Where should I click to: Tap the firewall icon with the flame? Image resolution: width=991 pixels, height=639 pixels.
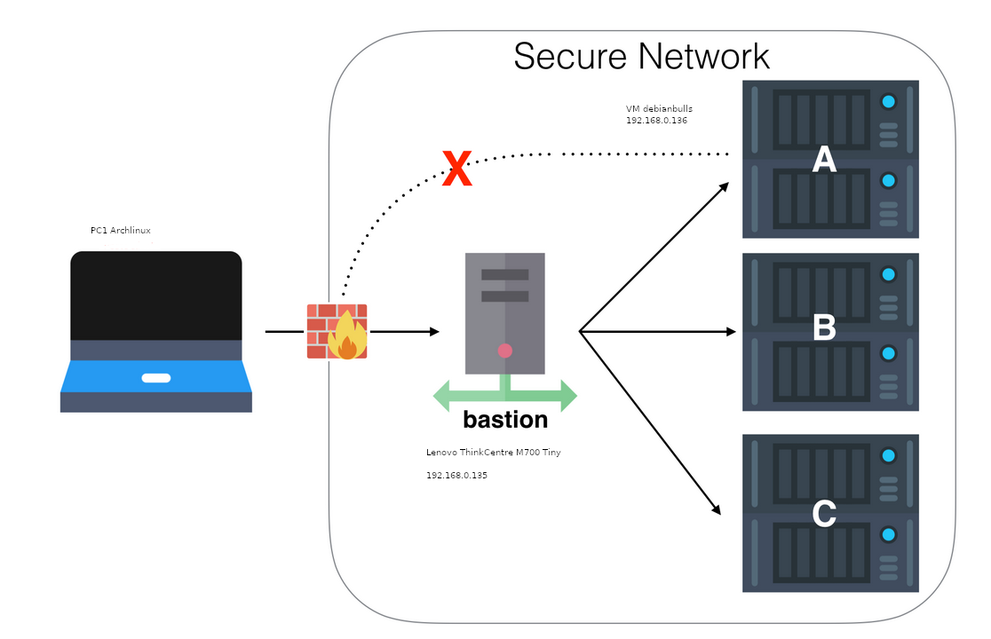pyautogui.click(x=337, y=331)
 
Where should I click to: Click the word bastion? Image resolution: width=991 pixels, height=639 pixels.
pyautogui.click(x=505, y=419)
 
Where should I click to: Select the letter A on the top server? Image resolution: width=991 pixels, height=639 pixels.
pyautogui.click(x=825, y=160)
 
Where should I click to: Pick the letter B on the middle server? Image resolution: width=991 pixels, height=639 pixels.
pyautogui.click(x=825, y=328)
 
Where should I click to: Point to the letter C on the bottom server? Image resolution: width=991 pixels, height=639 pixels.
pyautogui.click(x=825, y=514)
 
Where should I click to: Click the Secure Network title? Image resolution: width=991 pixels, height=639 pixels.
pyautogui.click(x=641, y=56)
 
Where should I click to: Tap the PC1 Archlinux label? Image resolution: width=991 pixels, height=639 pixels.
pyautogui.click(x=121, y=231)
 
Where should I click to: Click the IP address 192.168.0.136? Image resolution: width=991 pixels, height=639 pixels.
pyautogui.click(x=656, y=120)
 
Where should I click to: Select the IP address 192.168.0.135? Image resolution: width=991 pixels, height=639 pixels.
pyautogui.click(x=456, y=476)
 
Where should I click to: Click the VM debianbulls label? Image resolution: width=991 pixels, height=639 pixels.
pyautogui.click(x=659, y=108)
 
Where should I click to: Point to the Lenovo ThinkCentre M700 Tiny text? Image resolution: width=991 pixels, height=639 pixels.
pyautogui.click(x=493, y=453)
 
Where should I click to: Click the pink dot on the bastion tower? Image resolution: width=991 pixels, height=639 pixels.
pyautogui.click(x=505, y=351)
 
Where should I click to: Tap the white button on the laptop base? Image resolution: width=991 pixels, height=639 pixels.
pyautogui.click(x=156, y=378)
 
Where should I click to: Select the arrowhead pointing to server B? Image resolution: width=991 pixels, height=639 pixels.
pyautogui.click(x=733, y=332)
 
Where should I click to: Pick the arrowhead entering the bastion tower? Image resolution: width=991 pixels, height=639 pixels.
pyautogui.click(x=435, y=332)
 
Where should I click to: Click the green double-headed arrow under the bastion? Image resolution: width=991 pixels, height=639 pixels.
pyautogui.click(x=505, y=393)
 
